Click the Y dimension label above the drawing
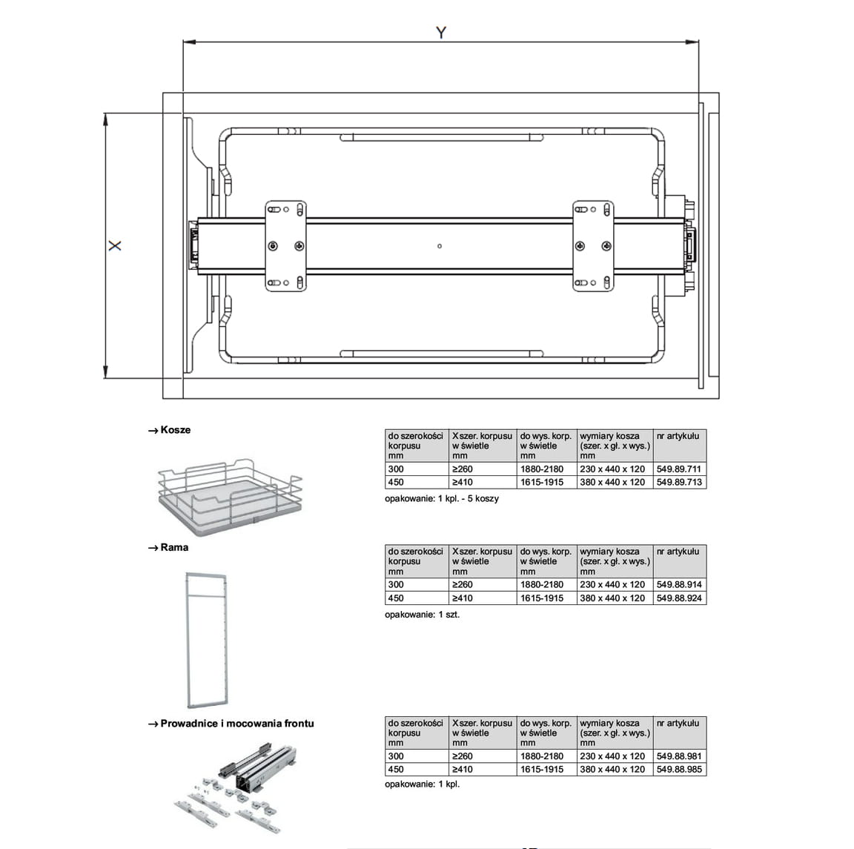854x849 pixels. pyautogui.click(x=441, y=33)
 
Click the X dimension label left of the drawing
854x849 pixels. pyautogui.click(x=115, y=245)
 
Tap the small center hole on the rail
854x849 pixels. pyautogui.click(x=440, y=246)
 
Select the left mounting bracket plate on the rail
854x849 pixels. pyautogui.click(x=286, y=245)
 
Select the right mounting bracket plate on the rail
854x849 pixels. pyautogui.click(x=593, y=245)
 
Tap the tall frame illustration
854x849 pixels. pyautogui.click(x=206, y=641)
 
